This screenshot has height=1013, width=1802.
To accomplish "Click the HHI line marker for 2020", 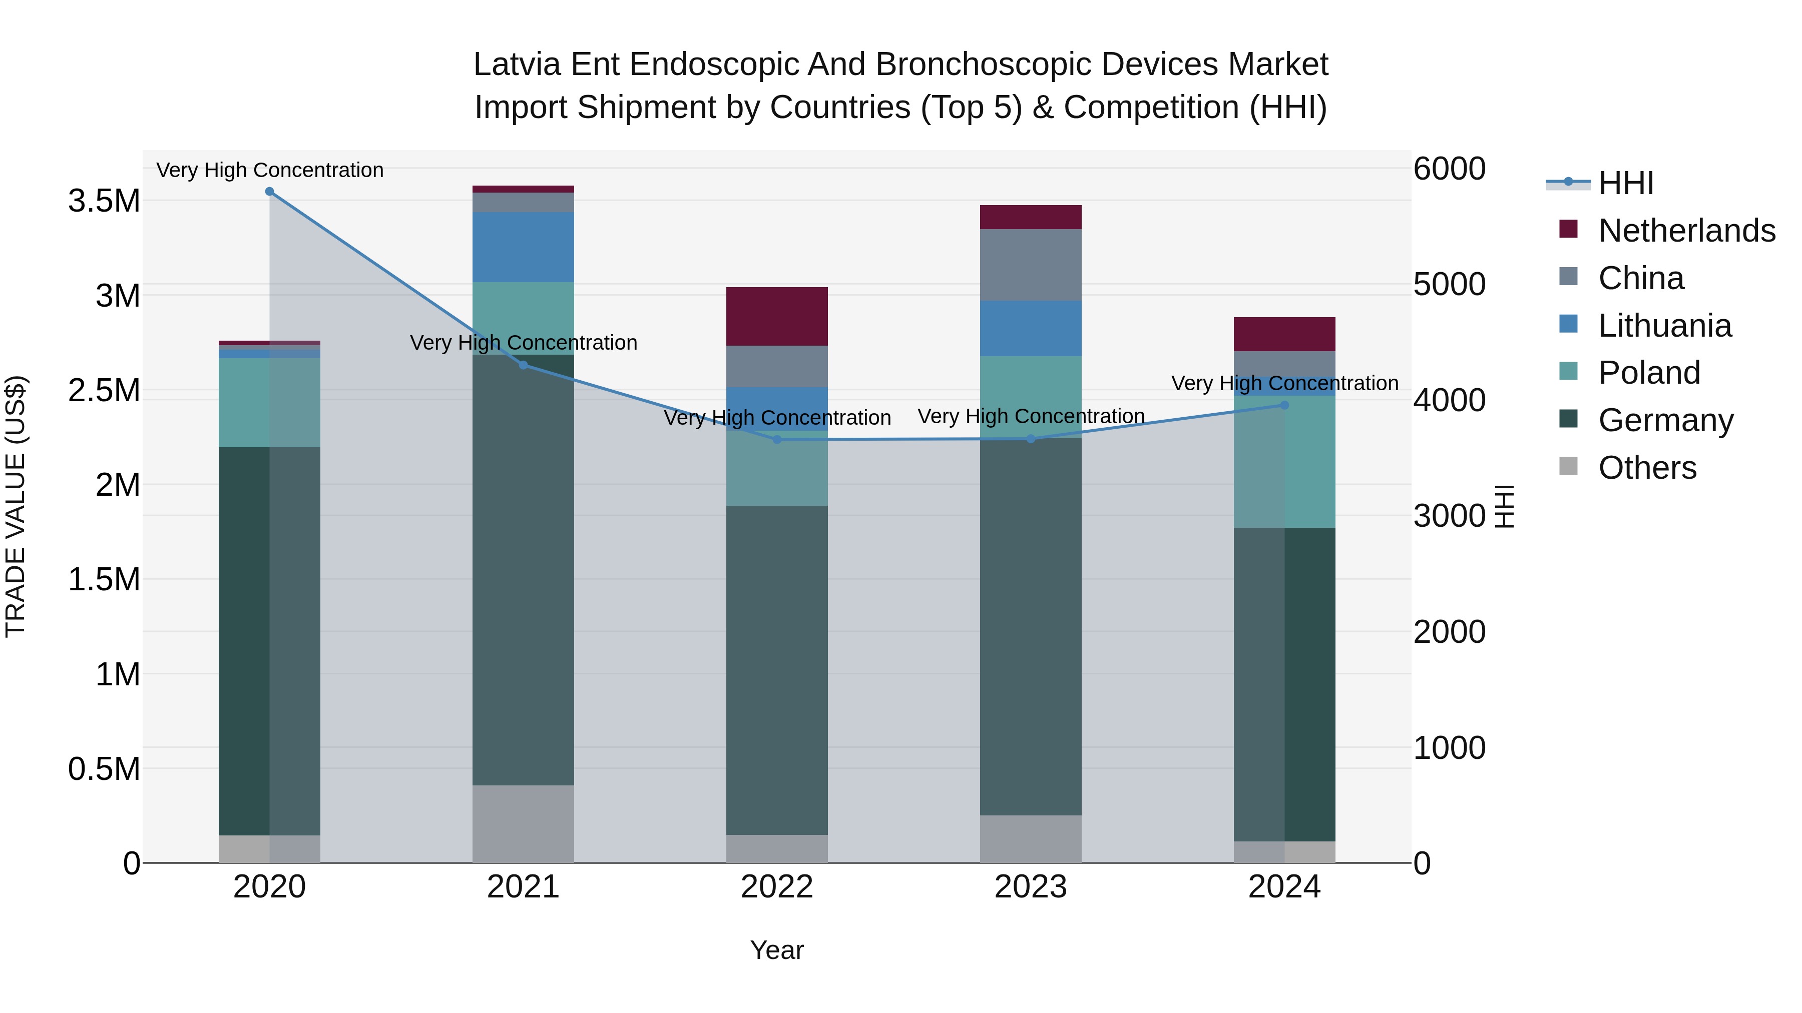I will click(x=269, y=192).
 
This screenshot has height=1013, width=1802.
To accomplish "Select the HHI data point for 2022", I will click(x=776, y=440).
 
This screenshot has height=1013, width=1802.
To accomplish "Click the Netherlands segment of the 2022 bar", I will click(x=776, y=316).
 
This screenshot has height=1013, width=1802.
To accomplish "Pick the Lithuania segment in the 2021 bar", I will click(x=523, y=247).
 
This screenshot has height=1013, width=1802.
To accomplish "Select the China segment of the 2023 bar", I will click(x=1031, y=265).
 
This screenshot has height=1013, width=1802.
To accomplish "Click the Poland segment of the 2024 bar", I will click(x=1284, y=461).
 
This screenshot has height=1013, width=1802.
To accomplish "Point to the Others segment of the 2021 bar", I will click(x=523, y=823).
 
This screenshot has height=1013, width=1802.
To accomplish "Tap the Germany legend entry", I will click(x=1665, y=420).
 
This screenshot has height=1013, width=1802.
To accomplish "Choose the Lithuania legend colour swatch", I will click(x=1568, y=324).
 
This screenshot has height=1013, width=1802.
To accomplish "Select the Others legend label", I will click(x=1647, y=468).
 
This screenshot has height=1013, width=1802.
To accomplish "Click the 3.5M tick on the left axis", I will click(x=104, y=201).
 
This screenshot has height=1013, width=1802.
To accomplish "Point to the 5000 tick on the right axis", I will click(x=1449, y=285).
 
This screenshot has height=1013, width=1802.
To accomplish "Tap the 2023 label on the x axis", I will click(x=1031, y=887).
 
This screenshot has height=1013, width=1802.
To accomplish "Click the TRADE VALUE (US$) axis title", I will click(x=16, y=506).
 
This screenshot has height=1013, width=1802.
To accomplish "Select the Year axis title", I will click(x=776, y=950).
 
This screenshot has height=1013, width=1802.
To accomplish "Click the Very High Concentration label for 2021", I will click(x=523, y=343).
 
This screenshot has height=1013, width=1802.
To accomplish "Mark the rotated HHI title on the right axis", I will click(x=1504, y=506).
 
